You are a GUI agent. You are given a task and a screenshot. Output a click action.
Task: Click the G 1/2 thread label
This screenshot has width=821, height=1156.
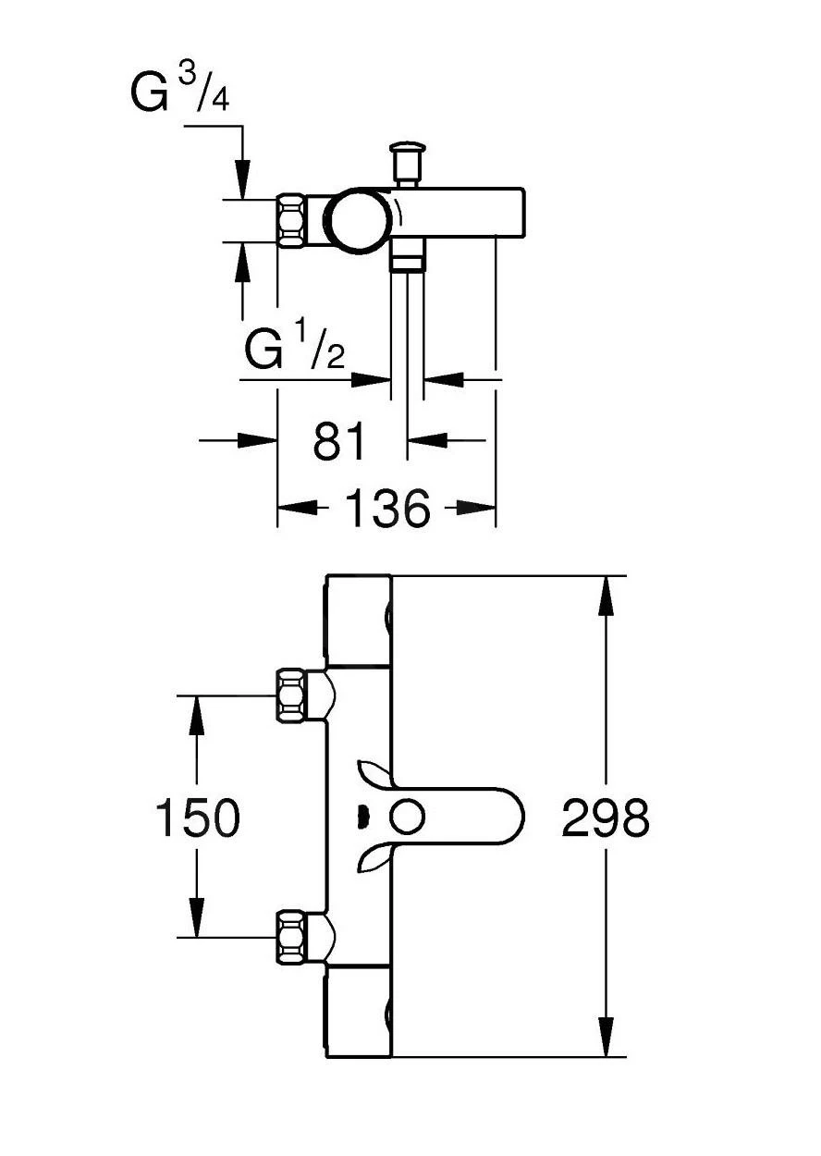pos(295,348)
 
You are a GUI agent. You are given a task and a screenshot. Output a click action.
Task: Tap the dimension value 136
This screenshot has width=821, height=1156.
pos(387,508)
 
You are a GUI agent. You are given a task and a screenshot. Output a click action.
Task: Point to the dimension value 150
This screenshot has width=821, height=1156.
pos(197,818)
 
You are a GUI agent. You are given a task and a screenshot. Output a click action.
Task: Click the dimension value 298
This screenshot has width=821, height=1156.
pos(606,818)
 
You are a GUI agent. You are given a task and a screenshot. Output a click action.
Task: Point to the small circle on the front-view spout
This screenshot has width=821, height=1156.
pos(407,818)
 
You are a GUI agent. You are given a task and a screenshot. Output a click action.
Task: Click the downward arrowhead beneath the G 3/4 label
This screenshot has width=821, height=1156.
pos(242,178)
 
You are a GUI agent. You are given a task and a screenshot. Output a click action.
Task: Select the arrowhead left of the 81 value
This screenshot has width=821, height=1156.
pos(258,440)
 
